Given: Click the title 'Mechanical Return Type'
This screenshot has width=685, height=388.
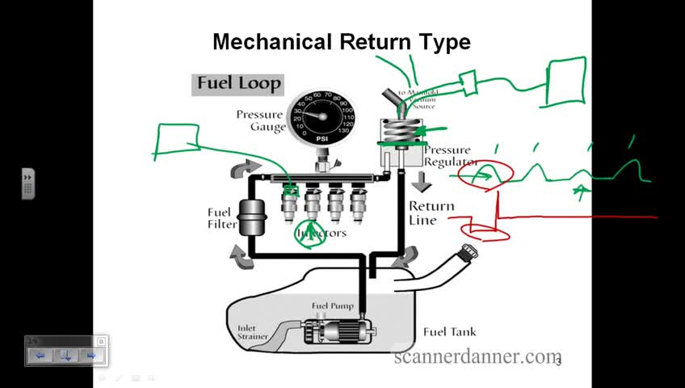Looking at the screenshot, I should coord(341,42).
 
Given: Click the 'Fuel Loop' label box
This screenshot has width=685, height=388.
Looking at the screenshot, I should coord(237,83).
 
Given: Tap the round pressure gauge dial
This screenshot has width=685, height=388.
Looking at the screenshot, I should coord(321,118).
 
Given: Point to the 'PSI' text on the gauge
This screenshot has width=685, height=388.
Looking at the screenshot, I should coord(321,138).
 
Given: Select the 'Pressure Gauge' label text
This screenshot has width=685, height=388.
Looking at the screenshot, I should coord(260,120).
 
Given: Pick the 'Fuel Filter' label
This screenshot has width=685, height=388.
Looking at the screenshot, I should coord(219,218).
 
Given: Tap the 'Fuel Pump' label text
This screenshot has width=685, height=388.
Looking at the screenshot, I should coord(333,306).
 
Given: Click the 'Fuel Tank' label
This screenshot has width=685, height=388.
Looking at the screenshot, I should coord(445,332).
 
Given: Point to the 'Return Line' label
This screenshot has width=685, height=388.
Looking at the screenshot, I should coord(433,213).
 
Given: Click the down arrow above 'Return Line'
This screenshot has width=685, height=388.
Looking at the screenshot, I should coord(421,181).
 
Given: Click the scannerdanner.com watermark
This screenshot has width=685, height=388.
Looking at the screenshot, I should coord(477,356).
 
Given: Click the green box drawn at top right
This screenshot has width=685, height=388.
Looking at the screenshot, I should coord(567,81).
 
